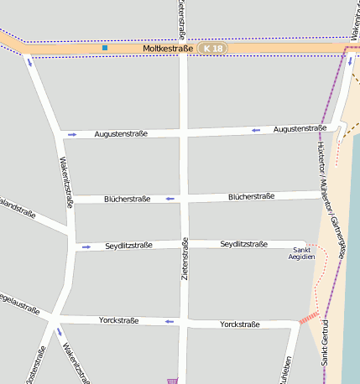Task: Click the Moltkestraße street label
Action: pyautogui.click(x=169, y=49)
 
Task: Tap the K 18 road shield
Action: pyautogui.click(x=213, y=49)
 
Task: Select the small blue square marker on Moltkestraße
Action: pyautogui.click(x=105, y=48)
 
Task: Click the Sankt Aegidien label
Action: pyautogui.click(x=302, y=253)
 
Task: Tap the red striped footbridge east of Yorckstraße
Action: pyautogui.click(x=309, y=318)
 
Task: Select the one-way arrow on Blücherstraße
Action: pyautogui.click(x=170, y=199)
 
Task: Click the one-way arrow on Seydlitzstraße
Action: pyautogui.click(x=86, y=246)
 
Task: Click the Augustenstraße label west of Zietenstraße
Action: pyautogui.click(x=121, y=133)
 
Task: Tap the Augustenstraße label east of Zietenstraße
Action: pyautogui.click(x=300, y=128)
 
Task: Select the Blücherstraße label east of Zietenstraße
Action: pyautogui.click(x=251, y=196)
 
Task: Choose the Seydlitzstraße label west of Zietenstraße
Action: pyautogui.click(x=128, y=246)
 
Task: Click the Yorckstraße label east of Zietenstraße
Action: pyautogui.click(x=240, y=324)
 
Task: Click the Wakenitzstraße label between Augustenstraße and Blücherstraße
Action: pyautogui.click(x=65, y=183)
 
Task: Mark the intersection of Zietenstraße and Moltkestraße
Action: pyautogui.click(x=183, y=49)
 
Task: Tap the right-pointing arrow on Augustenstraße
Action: pyautogui.click(x=72, y=134)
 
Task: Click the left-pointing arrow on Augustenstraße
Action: pyautogui.click(x=255, y=130)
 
